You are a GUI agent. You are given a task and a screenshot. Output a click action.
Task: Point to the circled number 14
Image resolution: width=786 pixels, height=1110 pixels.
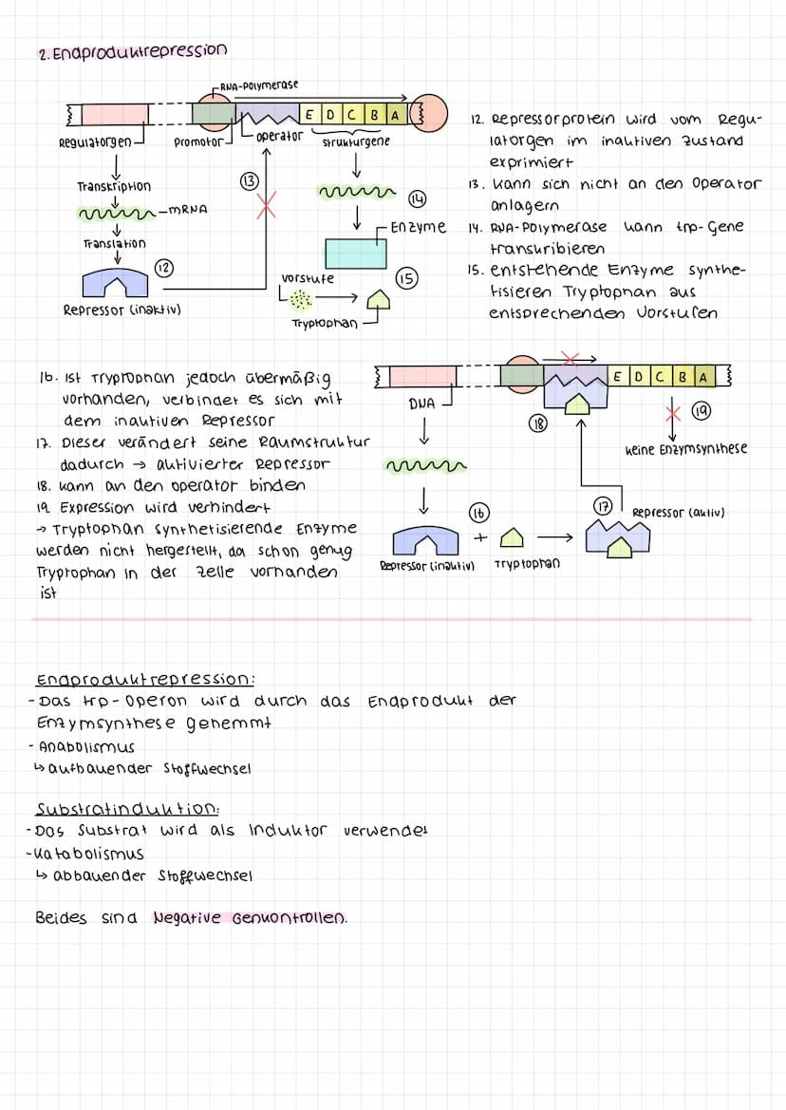[x=416, y=198]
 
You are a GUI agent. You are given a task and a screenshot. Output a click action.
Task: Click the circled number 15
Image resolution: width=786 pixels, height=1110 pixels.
[x=406, y=278]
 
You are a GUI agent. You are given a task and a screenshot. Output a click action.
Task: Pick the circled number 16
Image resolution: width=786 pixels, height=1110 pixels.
[x=479, y=513]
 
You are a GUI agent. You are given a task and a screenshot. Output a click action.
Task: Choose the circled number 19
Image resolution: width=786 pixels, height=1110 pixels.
[x=701, y=412]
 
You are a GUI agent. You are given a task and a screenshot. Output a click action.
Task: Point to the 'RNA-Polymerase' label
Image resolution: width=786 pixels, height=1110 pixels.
[x=258, y=85]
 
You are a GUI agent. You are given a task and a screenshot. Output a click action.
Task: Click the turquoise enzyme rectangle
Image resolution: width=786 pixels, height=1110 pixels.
[x=356, y=253]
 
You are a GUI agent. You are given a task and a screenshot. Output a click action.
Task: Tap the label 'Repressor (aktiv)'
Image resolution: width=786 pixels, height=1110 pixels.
[x=678, y=513]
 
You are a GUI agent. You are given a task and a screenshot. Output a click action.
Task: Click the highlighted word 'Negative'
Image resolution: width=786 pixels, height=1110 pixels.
[x=186, y=918]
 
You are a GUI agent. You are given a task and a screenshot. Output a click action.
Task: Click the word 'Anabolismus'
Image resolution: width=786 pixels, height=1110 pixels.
[x=84, y=747]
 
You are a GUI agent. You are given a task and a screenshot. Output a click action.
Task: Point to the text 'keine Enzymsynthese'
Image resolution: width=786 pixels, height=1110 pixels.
[x=685, y=449]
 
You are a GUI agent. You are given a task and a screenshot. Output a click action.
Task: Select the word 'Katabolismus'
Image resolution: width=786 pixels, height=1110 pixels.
[x=87, y=853]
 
